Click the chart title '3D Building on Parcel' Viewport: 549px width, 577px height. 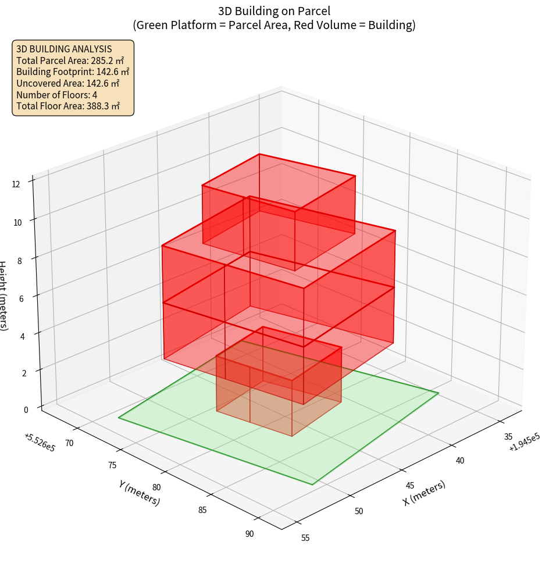coord(274,10)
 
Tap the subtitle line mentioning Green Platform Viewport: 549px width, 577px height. coord(274,25)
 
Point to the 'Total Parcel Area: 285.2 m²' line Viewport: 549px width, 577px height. coord(70,60)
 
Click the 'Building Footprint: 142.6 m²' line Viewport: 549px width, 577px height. coord(73,72)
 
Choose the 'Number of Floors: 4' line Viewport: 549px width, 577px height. coord(56,95)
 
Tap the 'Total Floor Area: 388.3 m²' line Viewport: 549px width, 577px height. coord(68,106)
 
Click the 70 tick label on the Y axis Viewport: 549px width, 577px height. coord(70,443)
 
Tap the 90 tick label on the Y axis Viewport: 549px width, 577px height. coord(249,533)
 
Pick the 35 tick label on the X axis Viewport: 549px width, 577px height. coord(508,437)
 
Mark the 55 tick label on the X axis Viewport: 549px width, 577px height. coord(305,537)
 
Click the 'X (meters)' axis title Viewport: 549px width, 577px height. coord(424,493)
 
